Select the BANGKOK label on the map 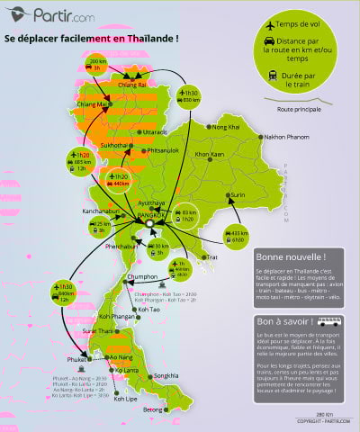click(x=152, y=216)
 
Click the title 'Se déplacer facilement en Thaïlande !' click(x=92, y=40)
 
